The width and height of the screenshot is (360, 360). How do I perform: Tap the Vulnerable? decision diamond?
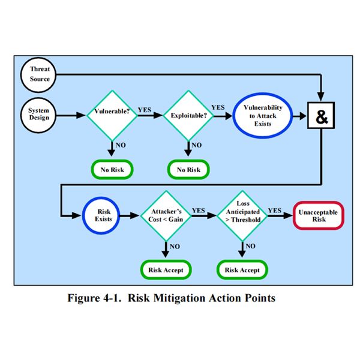coord(112,113)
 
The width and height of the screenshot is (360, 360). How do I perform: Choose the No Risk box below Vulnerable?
coord(112,170)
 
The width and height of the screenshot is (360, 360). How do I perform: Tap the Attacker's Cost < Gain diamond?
coord(165,215)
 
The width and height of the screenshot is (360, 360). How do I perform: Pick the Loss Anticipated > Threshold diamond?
coord(242,215)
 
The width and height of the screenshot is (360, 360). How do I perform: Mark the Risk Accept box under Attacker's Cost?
coord(165,269)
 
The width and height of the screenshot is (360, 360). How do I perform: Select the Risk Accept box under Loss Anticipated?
coord(242,269)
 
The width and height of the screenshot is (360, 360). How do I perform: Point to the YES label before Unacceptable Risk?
coord(275,210)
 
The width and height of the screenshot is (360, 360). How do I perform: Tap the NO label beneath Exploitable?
coord(197,145)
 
